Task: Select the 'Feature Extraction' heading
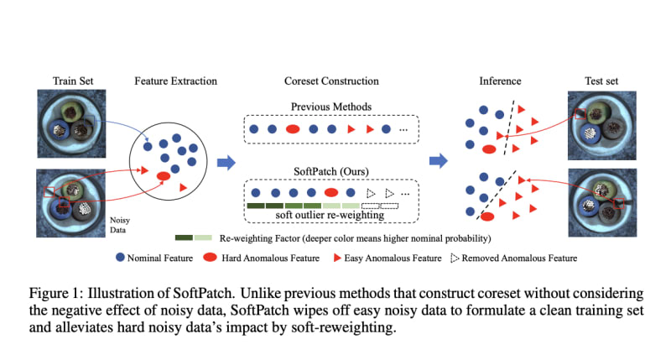pyautogui.click(x=175, y=81)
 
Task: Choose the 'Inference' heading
pyautogui.click(x=500, y=81)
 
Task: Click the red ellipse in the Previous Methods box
pyautogui.click(x=294, y=129)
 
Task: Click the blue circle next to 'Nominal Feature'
pyautogui.click(x=119, y=258)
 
